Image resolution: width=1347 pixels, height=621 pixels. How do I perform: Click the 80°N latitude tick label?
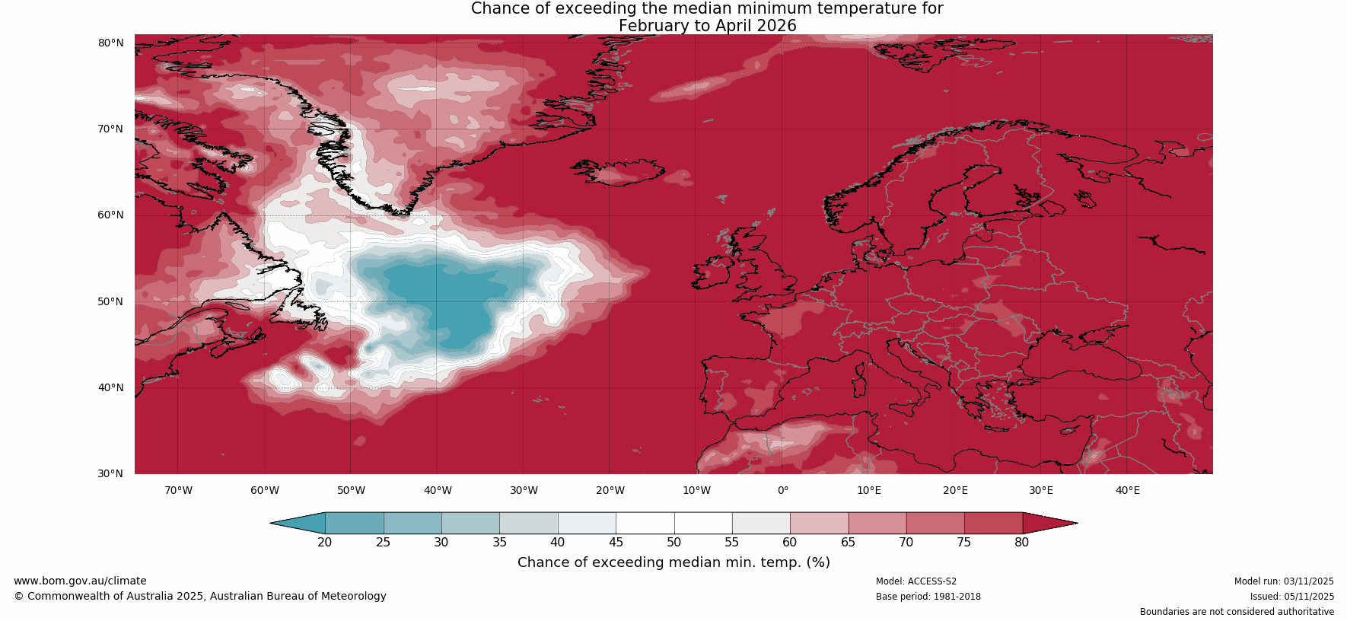pos(110,43)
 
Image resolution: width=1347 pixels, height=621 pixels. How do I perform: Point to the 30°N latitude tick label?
pos(110,473)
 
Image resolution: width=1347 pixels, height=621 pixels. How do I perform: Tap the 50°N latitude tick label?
pos(110,301)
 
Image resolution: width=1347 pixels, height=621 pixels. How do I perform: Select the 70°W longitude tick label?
pos(178,490)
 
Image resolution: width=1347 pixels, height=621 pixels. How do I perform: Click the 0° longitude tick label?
pos(782,490)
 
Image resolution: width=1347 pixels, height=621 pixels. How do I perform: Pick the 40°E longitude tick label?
pos(1127,490)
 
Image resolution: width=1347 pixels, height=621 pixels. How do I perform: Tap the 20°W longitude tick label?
pos(610,490)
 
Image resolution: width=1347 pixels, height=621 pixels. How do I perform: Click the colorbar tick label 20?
pos(325,543)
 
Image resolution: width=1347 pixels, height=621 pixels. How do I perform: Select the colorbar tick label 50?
pos(674,543)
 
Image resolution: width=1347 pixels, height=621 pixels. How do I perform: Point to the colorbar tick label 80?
pos(1021,543)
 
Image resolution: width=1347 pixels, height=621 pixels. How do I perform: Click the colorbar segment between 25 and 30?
pos(412,523)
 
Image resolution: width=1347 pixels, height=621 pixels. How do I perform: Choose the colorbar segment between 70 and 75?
pos(935,523)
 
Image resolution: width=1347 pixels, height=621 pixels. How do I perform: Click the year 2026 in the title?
pos(776,26)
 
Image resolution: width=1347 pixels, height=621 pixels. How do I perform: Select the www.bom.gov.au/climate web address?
pos(80,581)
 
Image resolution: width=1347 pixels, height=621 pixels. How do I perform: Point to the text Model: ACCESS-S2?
pos(916,581)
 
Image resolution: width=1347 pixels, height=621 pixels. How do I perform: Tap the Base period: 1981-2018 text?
pos(928,597)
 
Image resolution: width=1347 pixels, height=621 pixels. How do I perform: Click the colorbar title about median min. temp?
pos(673,562)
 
